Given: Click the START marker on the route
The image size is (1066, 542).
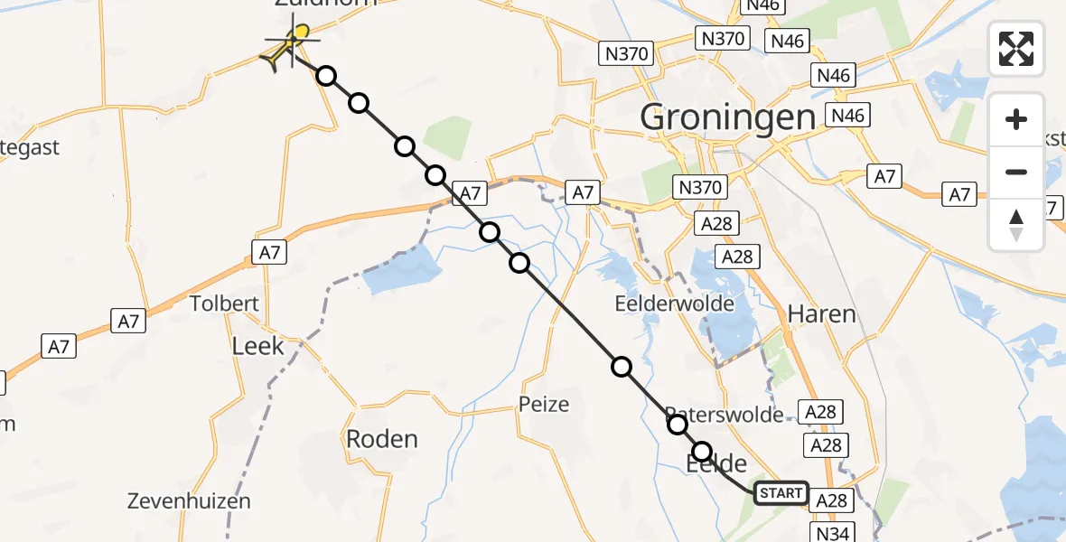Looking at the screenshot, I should pyautogui.click(x=781, y=492).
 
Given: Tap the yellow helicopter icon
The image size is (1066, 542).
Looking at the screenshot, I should pyautogui.click(x=287, y=47).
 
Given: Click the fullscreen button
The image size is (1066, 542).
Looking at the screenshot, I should pyautogui.click(x=1016, y=49).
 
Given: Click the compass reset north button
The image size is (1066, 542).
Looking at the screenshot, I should pyautogui.click(x=1016, y=225).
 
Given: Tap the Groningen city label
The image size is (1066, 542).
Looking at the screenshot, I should pyautogui.click(x=727, y=117).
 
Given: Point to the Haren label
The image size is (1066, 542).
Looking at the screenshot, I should pyautogui.click(x=821, y=314).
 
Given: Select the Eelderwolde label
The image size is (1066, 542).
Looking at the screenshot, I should pyautogui.click(x=674, y=304).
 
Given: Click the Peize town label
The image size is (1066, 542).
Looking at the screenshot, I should pyautogui.click(x=544, y=404).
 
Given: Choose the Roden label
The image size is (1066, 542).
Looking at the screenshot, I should pyautogui.click(x=382, y=440).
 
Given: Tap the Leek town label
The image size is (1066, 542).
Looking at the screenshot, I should pyautogui.click(x=257, y=346).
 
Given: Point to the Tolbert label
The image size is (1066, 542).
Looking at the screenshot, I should pyautogui.click(x=225, y=304).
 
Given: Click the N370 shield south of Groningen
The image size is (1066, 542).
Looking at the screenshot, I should pyautogui.click(x=699, y=187).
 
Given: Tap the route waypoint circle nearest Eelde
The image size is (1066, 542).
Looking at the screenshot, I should pyautogui.click(x=702, y=452).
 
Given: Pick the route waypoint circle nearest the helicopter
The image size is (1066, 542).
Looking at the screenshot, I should pyautogui.click(x=326, y=76).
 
